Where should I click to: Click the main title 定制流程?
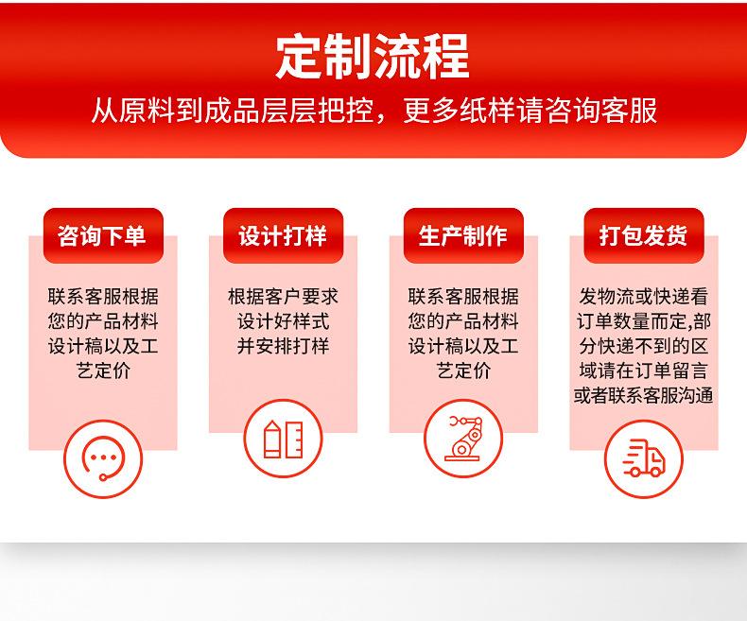[x=373, y=57]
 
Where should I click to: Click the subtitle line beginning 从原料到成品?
[x=374, y=111]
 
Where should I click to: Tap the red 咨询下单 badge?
[x=103, y=235]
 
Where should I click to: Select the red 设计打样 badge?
[x=283, y=235]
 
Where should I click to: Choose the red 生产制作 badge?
[x=463, y=235]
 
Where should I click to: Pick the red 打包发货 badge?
[x=644, y=235]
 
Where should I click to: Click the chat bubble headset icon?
[x=103, y=459]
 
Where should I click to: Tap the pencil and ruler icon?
[x=283, y=439]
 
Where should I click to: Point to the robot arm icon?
[x=463, y=439]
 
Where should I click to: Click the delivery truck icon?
[x=644, y=459]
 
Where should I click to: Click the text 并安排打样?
[x=283, y=346]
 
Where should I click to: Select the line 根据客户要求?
[x=283, y=297]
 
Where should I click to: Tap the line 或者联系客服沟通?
[x=644, y=395]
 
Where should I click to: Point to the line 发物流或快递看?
[x=644, y=297]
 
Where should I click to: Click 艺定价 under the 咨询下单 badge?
[x=103, y=371]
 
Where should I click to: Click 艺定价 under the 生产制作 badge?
[x=463, y=371]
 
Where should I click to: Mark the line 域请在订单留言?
[x=644, y=371]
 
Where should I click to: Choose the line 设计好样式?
[x=283, y=321]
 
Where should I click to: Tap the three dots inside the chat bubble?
[x=103, y=457]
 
